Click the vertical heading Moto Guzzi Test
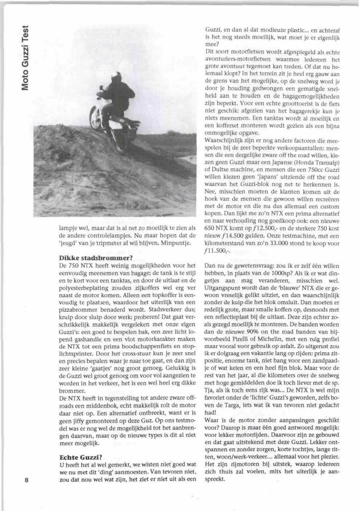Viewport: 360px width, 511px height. (24, 58)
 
